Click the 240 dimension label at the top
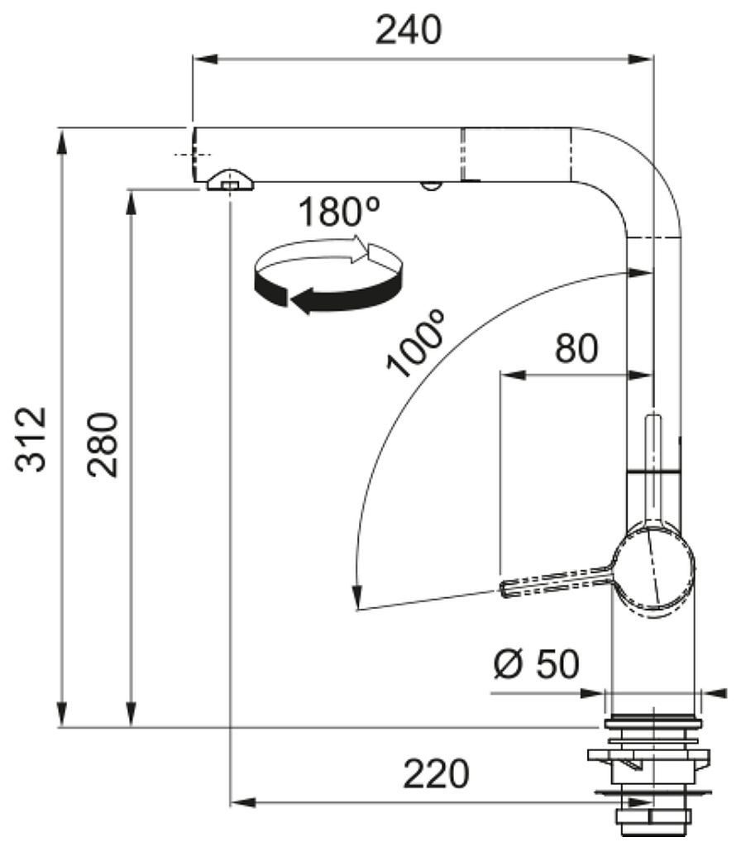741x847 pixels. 409,30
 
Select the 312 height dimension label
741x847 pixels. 31,439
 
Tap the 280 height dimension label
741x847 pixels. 103,444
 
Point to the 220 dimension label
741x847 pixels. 436,773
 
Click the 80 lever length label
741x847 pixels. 576,348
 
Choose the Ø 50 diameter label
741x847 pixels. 536,663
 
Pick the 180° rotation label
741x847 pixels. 338,211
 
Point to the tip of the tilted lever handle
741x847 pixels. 505,588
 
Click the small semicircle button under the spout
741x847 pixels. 431,185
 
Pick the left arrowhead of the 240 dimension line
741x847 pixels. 205,59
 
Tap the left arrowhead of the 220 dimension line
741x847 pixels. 243,802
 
